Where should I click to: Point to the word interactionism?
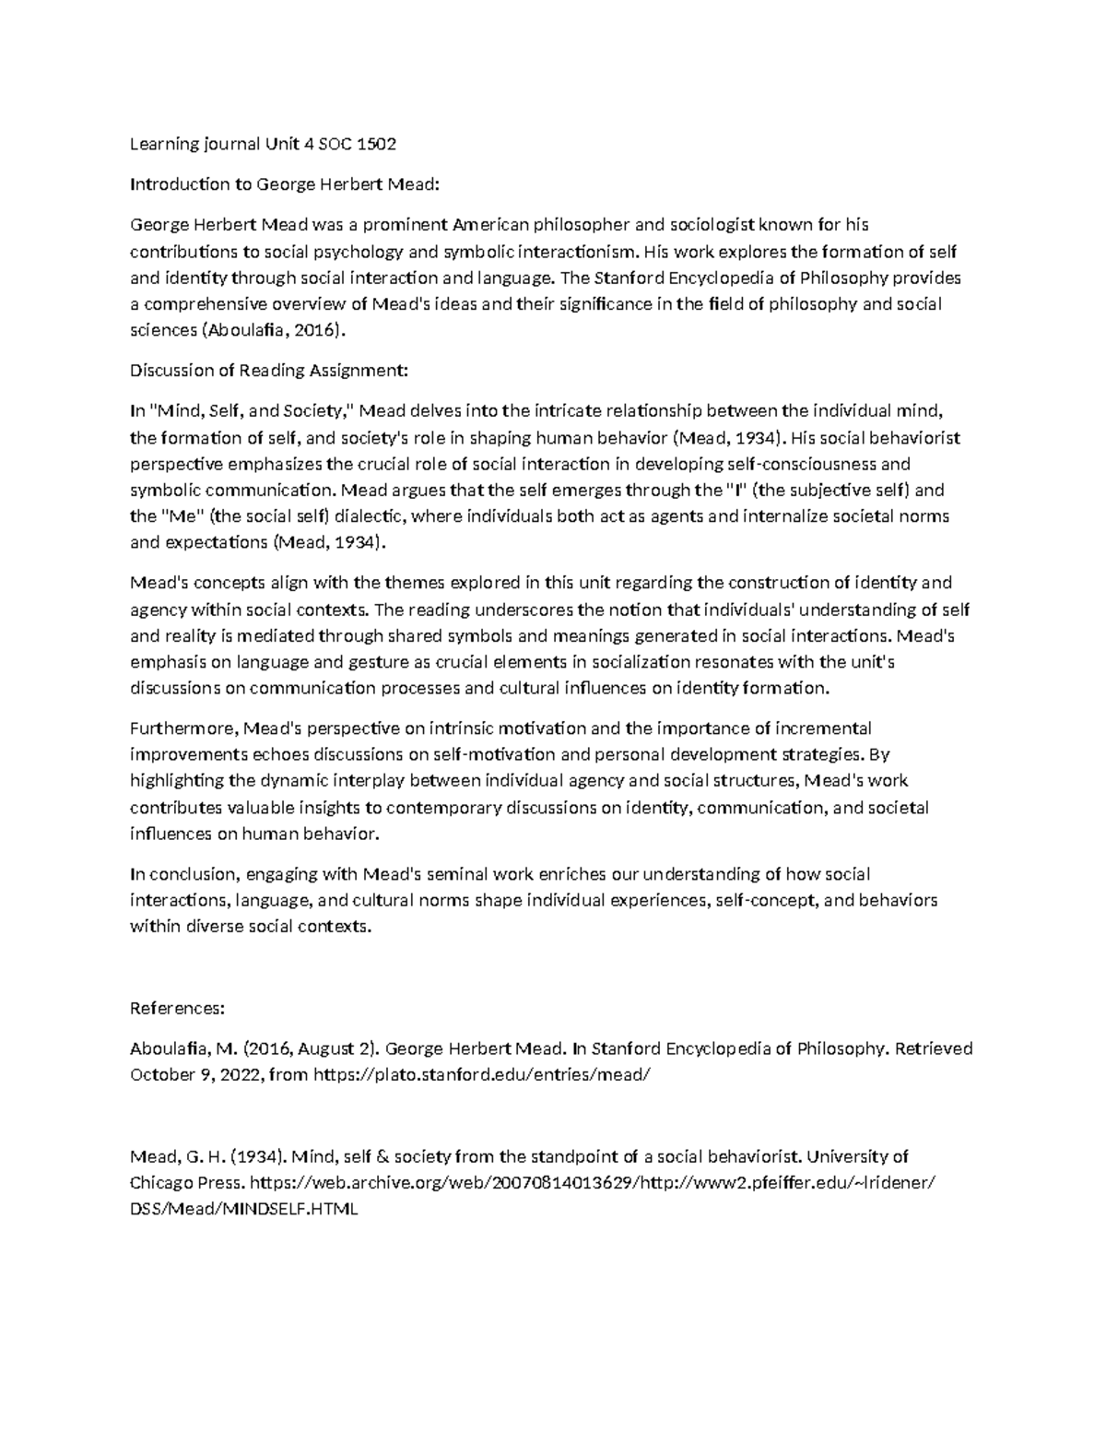tap(577, 251)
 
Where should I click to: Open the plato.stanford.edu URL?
tap(488, 1074)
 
